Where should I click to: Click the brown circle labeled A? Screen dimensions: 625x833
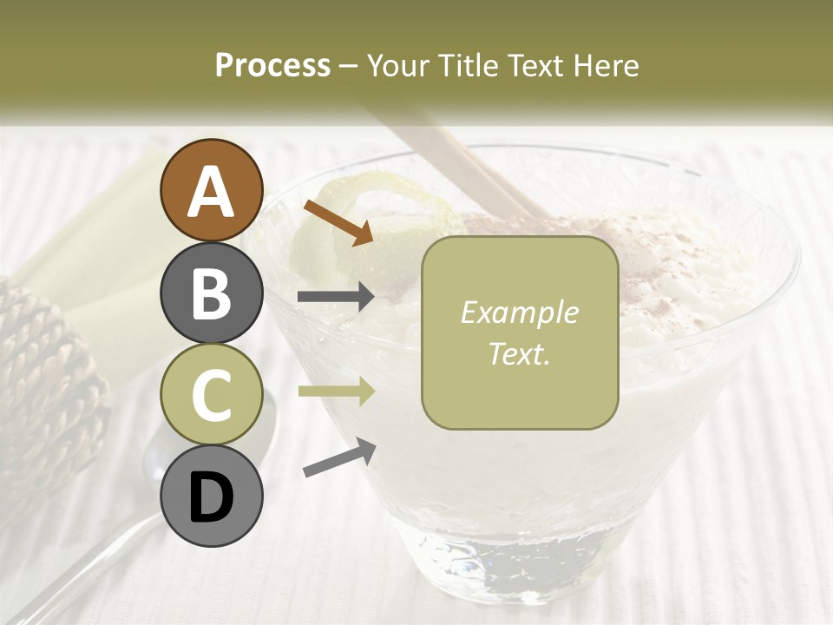(211, 190)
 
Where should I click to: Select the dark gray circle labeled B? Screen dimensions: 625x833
(211, 293)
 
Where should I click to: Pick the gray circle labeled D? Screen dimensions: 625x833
(211, 496)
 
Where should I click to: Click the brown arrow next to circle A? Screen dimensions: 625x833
(338, 222)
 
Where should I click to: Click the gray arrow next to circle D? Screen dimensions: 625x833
(339, 458)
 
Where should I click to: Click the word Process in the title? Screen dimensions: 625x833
(272, 66)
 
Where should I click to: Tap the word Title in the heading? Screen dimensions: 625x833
(469, 66)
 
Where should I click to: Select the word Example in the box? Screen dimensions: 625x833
(519, 312)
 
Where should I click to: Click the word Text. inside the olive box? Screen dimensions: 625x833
(519, 353)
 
